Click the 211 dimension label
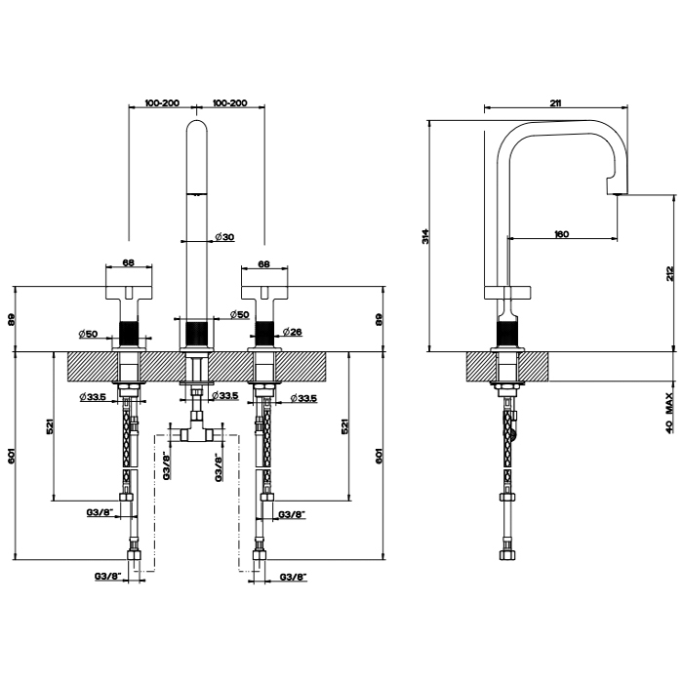555,102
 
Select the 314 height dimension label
425,236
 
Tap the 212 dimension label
670,273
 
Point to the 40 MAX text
670,413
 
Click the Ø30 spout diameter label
224,237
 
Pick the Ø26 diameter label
293,332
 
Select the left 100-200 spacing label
162,103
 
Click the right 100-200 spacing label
229,103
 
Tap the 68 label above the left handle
128,262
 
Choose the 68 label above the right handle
263,263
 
